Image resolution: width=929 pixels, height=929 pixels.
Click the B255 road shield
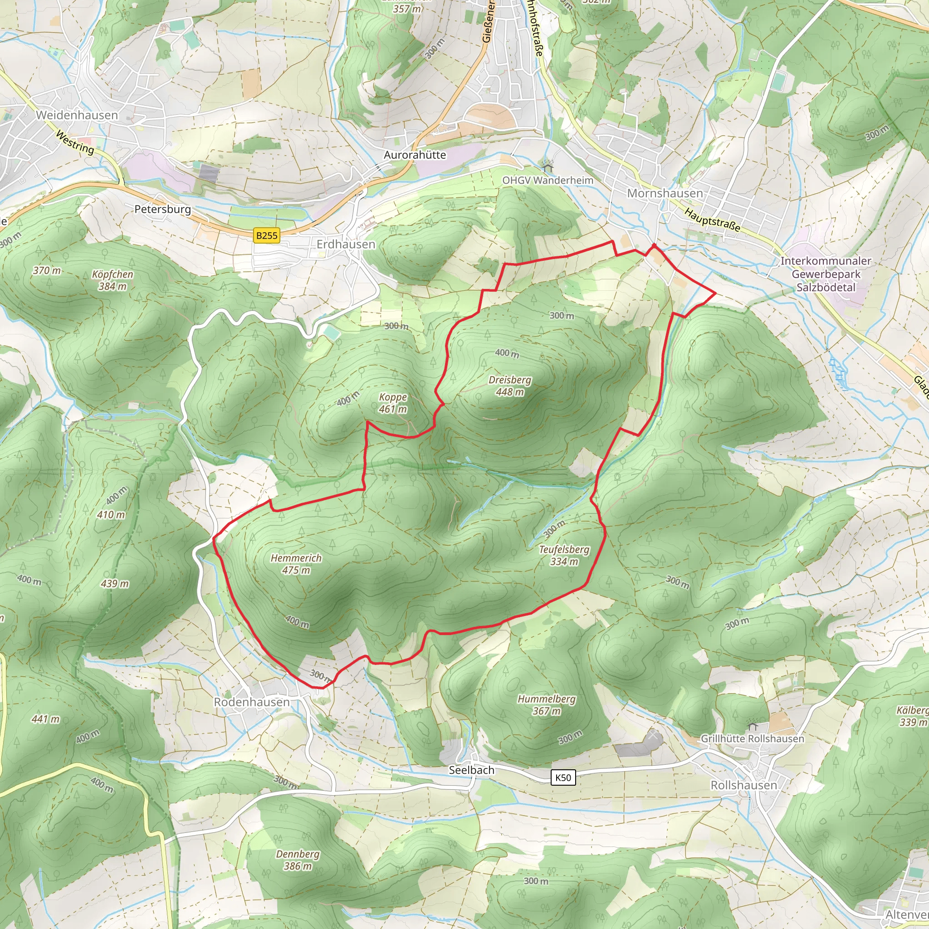266,235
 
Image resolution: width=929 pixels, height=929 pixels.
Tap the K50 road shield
562,777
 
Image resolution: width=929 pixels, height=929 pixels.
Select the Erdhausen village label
346,244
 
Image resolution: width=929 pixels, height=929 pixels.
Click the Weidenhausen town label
77,115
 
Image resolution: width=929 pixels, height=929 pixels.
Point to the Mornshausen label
665,193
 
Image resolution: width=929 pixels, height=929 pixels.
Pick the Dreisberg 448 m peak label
510,386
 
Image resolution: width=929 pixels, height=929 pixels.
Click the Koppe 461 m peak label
393,403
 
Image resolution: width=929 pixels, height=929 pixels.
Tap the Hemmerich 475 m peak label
296,563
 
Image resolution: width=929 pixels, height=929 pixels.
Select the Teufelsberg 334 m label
563,555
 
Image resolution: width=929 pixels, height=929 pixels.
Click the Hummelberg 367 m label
546,704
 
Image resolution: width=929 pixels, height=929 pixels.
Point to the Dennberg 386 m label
298,860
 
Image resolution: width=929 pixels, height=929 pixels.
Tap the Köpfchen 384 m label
112,280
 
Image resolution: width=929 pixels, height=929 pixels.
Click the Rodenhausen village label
251,702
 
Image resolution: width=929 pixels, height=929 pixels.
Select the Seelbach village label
471,770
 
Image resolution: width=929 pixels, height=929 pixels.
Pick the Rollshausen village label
743,785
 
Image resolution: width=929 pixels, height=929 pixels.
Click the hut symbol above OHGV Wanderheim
547,167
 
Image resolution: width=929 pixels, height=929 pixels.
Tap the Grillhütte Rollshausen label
752,738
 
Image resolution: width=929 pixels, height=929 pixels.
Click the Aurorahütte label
415,155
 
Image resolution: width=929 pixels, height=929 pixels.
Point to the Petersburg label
162,209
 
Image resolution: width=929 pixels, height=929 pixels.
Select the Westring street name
75,142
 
